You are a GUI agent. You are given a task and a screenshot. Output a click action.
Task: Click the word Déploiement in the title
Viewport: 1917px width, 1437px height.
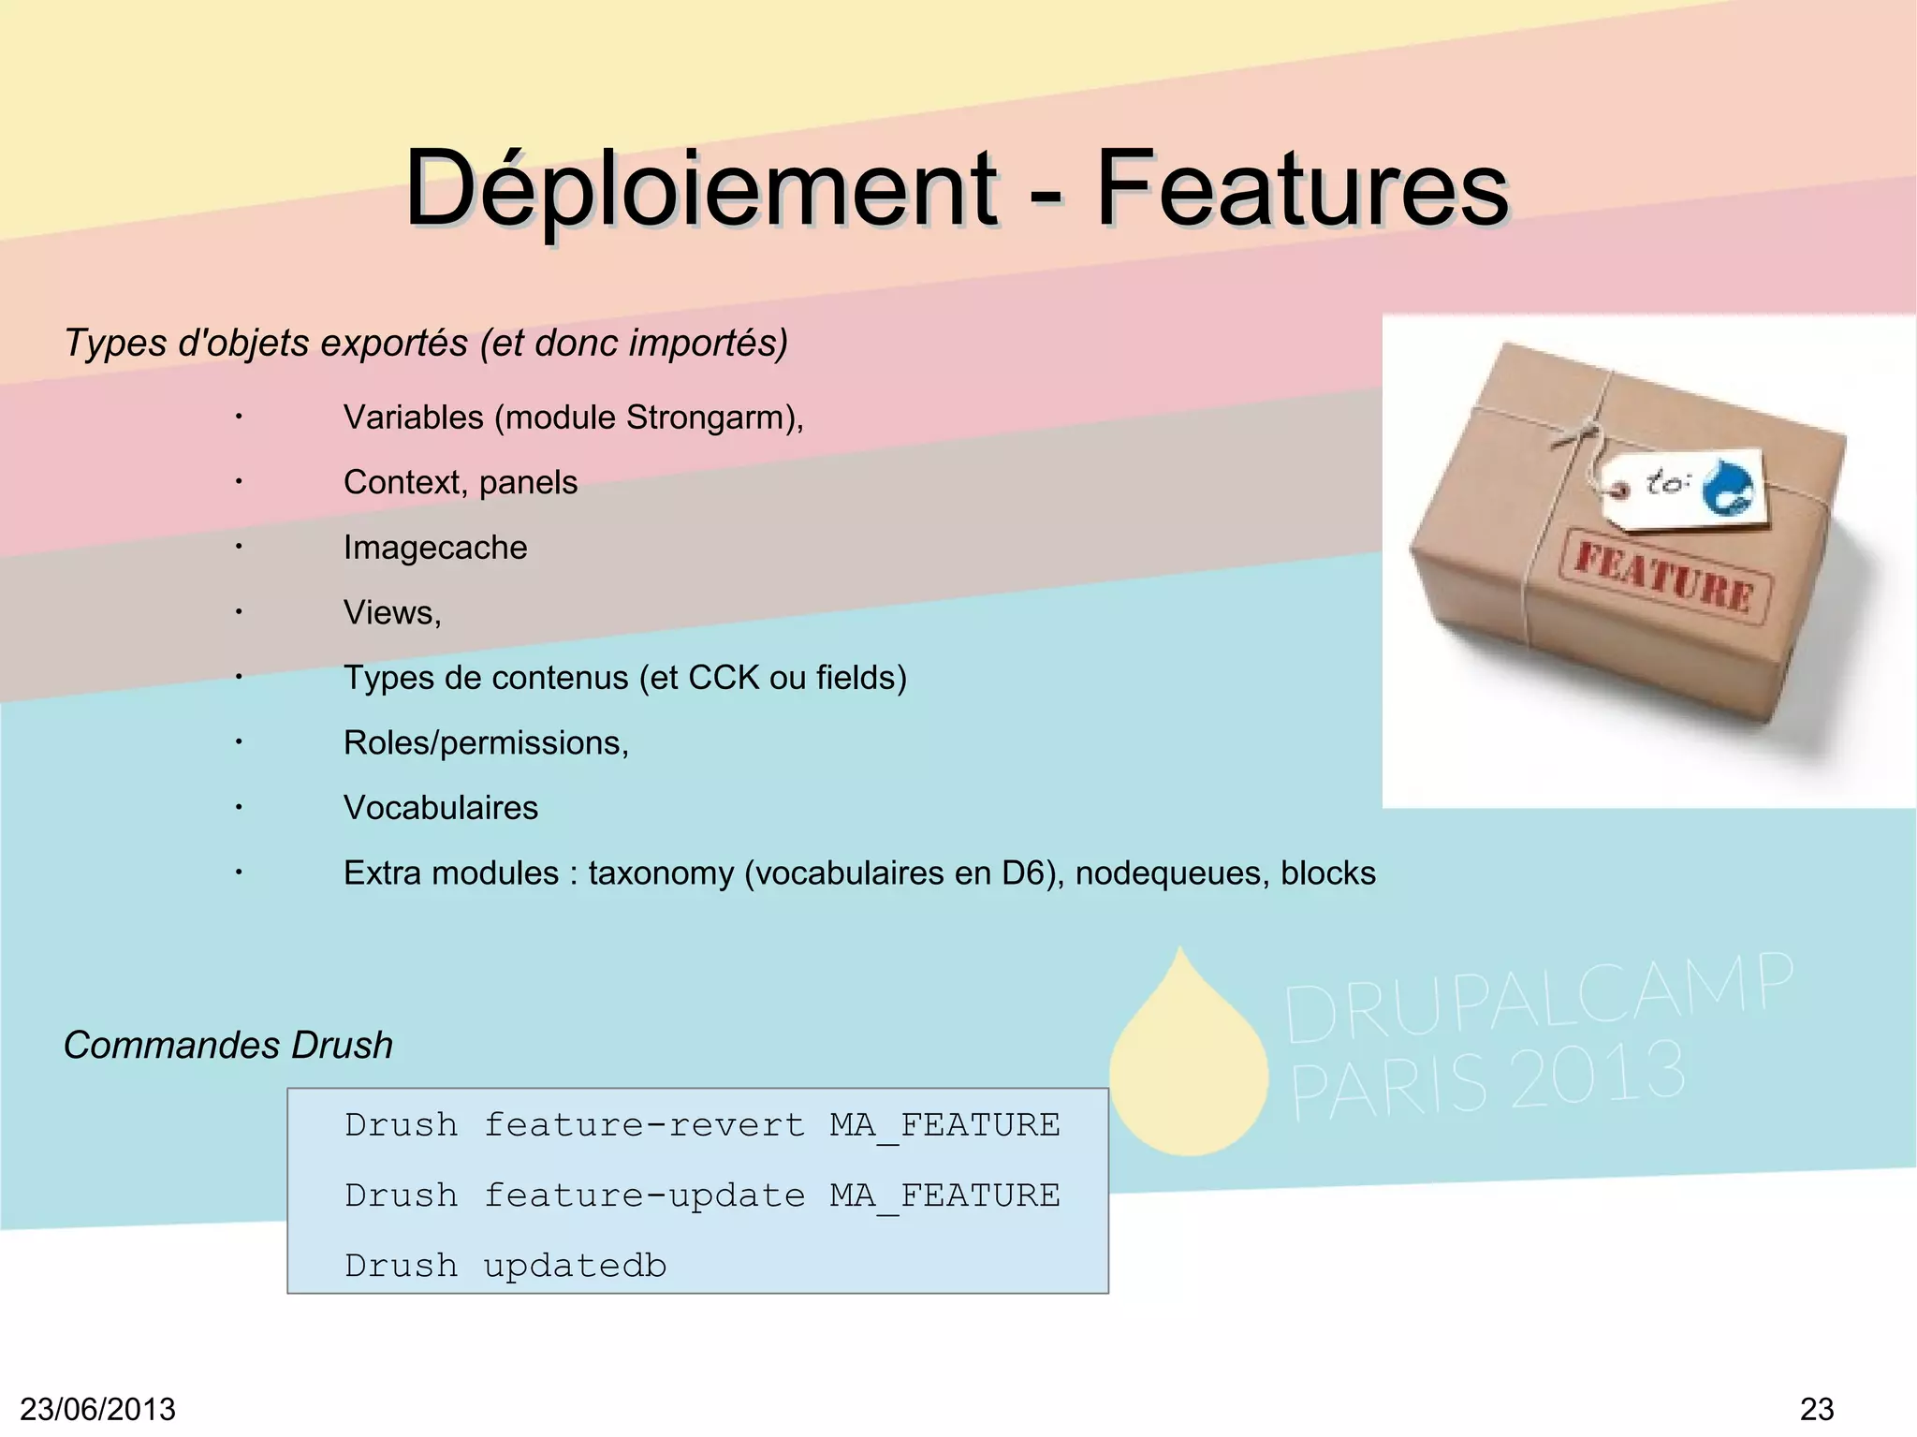tap(700, 189)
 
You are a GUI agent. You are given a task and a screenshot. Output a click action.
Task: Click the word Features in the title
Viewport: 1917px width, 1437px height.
tap(1301, 189)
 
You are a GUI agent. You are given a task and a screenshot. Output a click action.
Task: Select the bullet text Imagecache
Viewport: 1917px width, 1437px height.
tap(435, 548)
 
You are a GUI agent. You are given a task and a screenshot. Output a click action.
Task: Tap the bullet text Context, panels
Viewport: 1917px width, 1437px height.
tap(461, 482)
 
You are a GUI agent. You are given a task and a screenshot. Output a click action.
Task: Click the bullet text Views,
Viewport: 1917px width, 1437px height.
tap(392, 612)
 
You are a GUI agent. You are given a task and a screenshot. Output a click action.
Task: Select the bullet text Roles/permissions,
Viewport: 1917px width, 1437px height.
tap(486, 742)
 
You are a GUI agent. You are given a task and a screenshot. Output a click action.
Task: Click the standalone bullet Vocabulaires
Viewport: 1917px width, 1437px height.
tap(441, 808)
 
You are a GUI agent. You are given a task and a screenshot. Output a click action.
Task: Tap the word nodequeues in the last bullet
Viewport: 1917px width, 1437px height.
tap(1172, 873)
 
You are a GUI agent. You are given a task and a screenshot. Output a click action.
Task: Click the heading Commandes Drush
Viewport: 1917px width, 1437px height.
tap(228, 1045)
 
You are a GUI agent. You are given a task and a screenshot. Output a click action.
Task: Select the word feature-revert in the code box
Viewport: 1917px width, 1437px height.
tap(644, 1124)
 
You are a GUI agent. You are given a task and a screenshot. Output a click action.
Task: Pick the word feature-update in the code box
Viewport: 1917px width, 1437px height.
tap(644, 1195)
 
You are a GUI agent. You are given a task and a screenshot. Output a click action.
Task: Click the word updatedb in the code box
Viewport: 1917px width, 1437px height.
tap(575, 1266)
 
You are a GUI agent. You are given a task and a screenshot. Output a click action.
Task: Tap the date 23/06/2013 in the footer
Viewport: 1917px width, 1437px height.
tap(97, 1409)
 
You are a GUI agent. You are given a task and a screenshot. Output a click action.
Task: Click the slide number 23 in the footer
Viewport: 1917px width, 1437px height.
tap(1817, 1409)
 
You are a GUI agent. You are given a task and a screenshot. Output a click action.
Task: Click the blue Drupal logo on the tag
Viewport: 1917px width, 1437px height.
tap(1727, 486)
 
